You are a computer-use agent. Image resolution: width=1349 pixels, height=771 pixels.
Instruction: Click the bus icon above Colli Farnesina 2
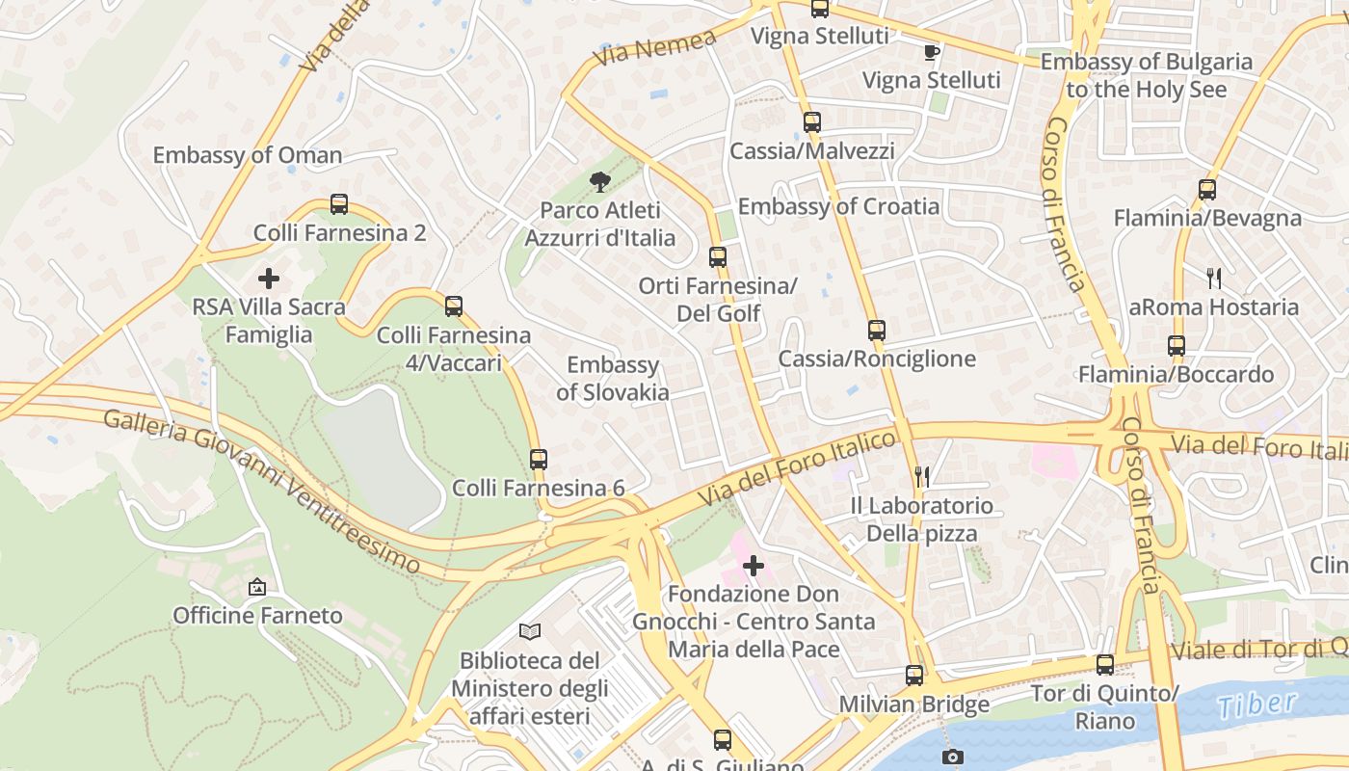point(339,204)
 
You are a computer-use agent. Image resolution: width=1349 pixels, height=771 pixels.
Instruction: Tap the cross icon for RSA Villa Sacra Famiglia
point(269,279)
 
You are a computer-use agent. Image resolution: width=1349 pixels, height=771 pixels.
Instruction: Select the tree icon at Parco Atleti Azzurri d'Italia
point(599,182)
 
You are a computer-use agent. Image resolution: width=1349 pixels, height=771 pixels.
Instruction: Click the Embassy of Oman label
point(247,155)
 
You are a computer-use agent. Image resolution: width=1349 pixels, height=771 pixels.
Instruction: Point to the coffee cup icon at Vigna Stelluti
point(931,52)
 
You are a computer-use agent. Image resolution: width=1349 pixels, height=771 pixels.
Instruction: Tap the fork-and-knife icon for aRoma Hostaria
point(1214,279)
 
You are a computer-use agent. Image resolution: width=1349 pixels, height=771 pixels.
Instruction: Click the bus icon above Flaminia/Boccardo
point(1176,346)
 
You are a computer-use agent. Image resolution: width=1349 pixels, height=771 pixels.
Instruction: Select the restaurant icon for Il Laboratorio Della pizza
point(922,476)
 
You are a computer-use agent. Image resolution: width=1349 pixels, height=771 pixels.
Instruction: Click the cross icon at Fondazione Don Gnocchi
point(754,566)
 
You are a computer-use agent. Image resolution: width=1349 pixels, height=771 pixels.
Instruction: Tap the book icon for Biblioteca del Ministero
point(530,632)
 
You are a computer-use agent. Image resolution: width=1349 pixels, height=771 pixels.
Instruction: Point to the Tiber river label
point(1256,705)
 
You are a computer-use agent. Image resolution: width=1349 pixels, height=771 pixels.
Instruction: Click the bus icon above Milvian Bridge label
point(913,676)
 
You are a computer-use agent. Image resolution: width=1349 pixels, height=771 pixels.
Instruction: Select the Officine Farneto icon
point(257,586)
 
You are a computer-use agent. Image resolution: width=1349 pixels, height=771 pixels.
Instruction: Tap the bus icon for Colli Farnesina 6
point(539,460)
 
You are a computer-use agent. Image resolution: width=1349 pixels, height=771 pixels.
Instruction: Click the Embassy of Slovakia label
point(613,378)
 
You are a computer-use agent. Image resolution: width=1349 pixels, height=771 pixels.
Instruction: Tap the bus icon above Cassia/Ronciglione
point(876,331)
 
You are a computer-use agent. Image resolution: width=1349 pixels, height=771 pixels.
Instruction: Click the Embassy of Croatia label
point(838,206)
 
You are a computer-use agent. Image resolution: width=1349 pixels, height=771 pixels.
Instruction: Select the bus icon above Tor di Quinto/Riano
point(1105,665)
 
